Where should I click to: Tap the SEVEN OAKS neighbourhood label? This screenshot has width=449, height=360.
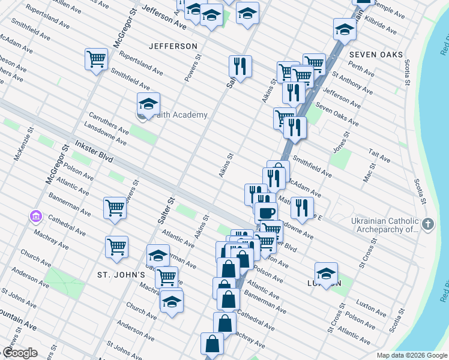(375, 55)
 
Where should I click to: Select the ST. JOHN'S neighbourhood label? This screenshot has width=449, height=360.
(121, 275)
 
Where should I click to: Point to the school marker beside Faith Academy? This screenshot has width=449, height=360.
(148, 104)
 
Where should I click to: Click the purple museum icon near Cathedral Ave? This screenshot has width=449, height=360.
(35, 215)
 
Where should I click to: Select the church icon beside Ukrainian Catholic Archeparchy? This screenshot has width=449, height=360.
(427, 224)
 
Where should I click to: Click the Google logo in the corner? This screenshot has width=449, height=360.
(20, 353)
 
